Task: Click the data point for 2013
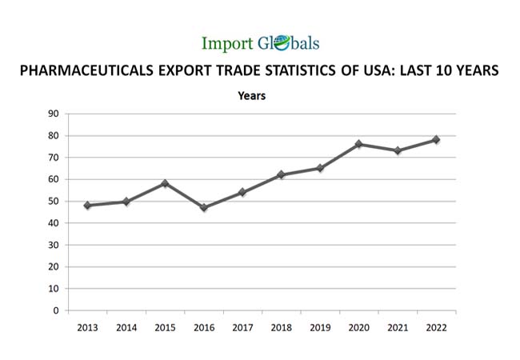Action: (x=87, y=206)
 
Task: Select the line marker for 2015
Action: (x=165, y=183)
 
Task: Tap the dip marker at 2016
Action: (x=204, y=208)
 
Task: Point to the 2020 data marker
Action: (x=358, y=144)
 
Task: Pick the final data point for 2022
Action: (x=436, y=140)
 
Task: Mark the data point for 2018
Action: (x=281, y=174)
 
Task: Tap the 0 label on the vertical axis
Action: (x=55, y=310)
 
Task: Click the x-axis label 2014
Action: (x=126, y=327)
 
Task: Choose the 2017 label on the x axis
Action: (x=242, y=327)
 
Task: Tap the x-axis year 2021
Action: (x=398, y=327)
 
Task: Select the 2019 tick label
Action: (x=320, y=327)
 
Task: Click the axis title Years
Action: (x=252, y=96)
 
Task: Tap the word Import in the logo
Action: (x=226, y=44)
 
